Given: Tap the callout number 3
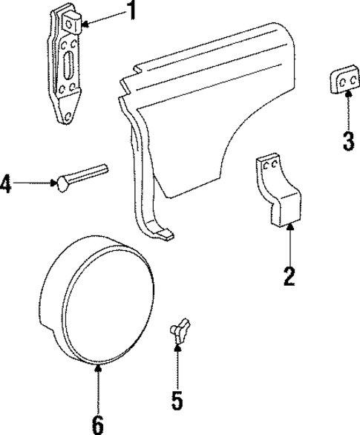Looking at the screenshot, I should point(347,140).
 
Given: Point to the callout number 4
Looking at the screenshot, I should point(7,183).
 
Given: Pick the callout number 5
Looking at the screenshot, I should point(176,400).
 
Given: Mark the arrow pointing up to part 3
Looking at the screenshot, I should point(346,112).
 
